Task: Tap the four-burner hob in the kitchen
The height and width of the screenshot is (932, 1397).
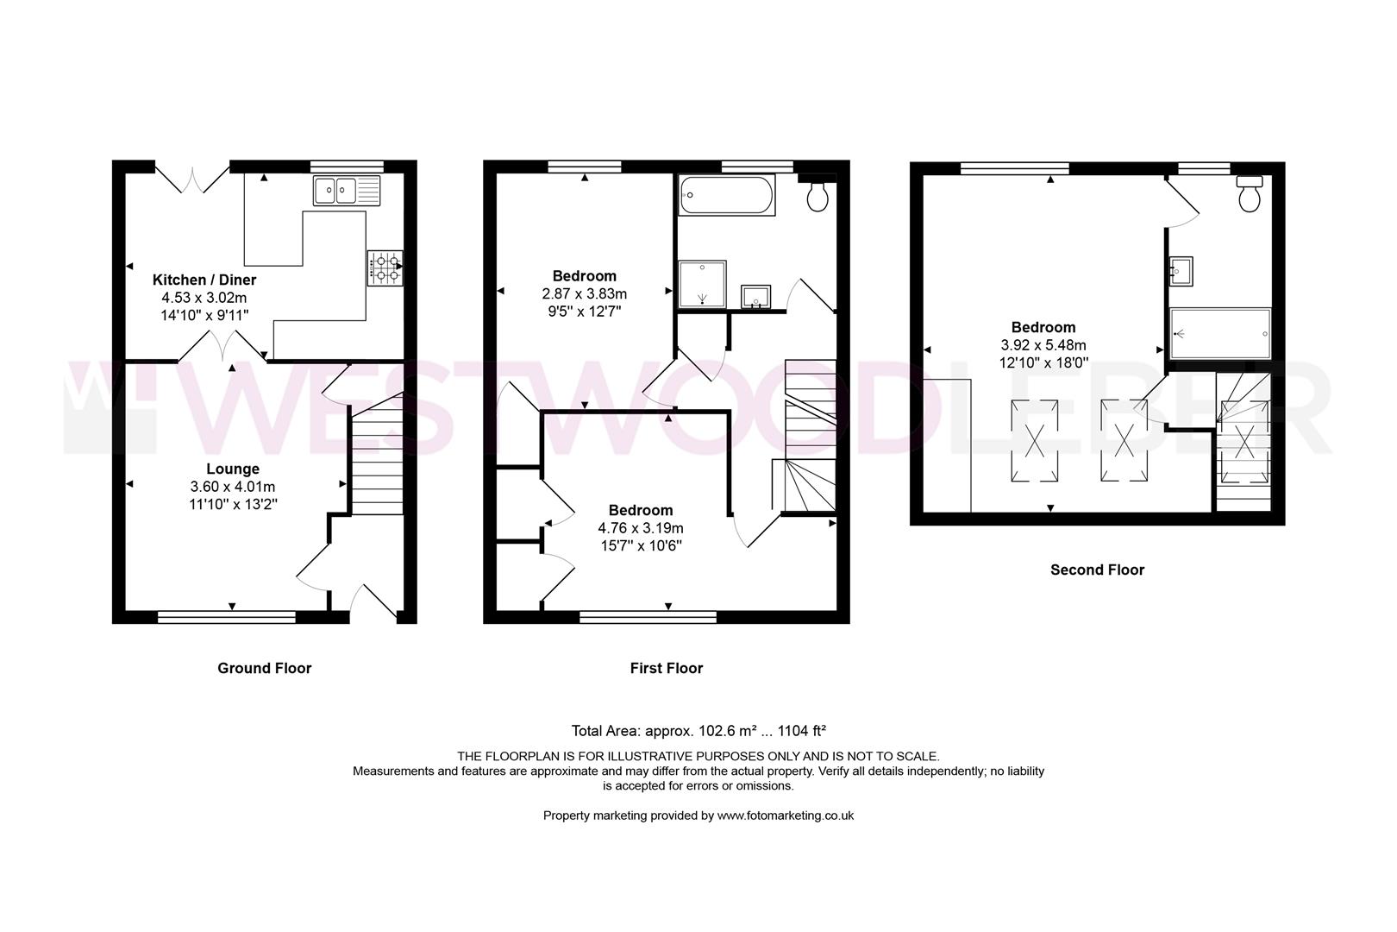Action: pyautogui.click(x=385, y=268)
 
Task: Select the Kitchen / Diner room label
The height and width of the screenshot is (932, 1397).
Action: pyautogui.click(x=204, y=280)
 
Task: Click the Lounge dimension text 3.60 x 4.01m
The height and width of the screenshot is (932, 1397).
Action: pyautogui.click(x=233, y=487)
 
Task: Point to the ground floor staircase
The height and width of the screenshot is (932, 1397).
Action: pyautogui.click(x=378, y=462)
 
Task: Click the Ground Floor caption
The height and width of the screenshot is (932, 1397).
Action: pyautogui.click(x=264, y=668)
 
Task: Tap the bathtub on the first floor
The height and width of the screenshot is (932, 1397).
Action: pyautogui.click(x=726, y=195)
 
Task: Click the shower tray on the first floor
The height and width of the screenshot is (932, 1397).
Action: pyautogui.click(x=702, y=284)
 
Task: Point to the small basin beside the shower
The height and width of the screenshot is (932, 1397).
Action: pyautogui.click(x=756, y=295)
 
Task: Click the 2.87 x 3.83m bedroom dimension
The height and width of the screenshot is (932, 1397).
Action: pyautogui.click(x=585, y=293)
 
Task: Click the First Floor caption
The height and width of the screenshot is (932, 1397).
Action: pyautogui.click(x=666, y=668)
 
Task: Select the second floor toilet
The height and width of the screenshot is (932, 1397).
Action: pyautogui.click(x=1249, y=195)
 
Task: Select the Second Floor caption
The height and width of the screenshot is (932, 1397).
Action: pyautogui.click(x=1097, y=570)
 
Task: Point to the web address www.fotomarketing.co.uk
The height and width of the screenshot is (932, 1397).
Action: pyautogui.click(x=785, y=815)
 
